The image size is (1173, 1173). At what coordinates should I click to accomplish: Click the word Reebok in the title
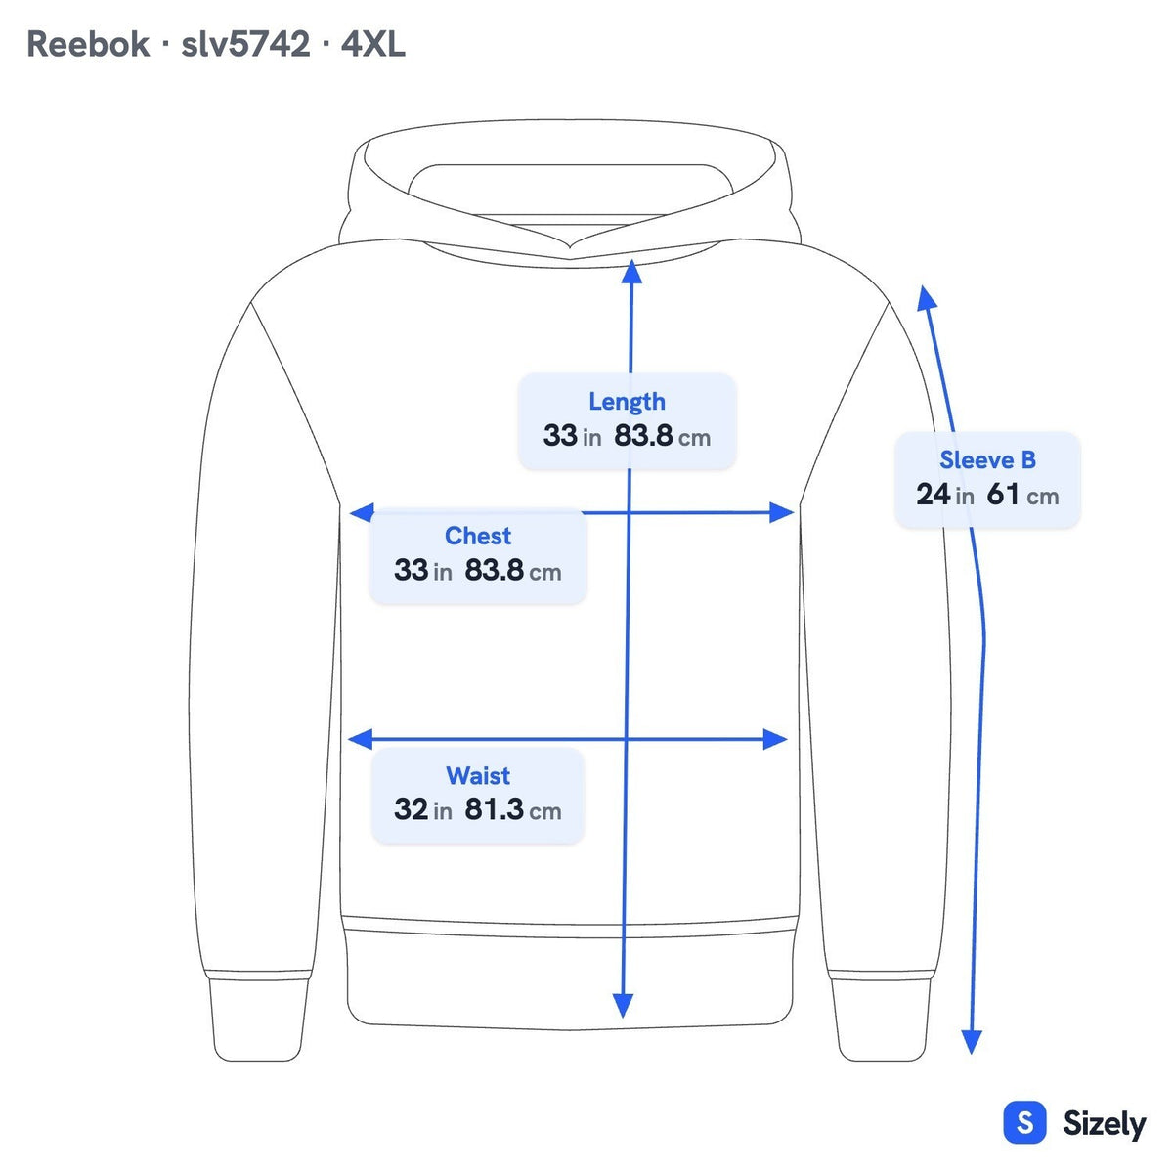(x=88, y=44)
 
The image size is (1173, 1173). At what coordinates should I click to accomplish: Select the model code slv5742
(x=246, y=44)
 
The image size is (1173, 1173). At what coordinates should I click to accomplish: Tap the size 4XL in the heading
(x=372, y=44)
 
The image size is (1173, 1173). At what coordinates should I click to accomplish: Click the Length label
(x=627, y=403)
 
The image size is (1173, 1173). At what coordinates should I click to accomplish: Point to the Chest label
(x=478, y=536)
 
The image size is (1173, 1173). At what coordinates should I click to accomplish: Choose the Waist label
(x=478, y=775)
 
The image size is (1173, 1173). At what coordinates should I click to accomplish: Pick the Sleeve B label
(x=987, y=460)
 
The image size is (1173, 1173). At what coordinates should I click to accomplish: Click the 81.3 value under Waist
(x=494, y=809)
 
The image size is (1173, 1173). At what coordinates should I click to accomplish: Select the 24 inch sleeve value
(x=933, y=495)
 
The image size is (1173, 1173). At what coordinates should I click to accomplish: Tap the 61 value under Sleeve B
(x=1003, y=495)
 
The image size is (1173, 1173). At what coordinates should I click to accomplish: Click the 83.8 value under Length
(x=643, y=436)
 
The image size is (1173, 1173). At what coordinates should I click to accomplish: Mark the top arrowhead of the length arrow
(x=631, y=272)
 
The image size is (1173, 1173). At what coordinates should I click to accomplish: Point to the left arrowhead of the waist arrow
(x=360, y=739)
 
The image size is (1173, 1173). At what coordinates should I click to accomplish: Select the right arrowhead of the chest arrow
(x=782, y=512)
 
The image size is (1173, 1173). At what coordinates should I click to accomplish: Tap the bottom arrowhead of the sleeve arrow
(x=972, y=1042)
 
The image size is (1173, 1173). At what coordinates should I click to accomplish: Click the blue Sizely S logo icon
(x=1025, y=1122)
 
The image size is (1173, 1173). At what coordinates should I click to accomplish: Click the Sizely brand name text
(x=1105, y=1124)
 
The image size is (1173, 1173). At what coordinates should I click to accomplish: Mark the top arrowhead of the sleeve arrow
(x=927, y=298)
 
